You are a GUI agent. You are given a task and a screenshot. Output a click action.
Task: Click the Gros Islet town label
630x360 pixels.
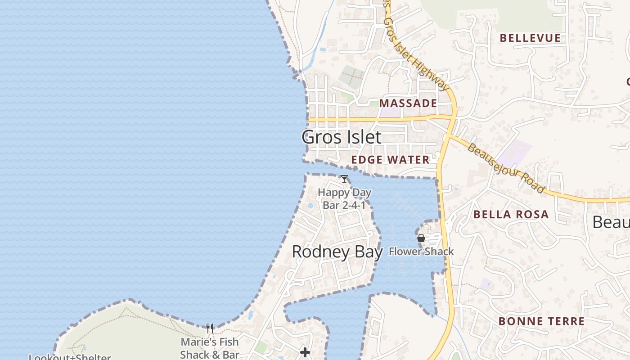click(342, 137)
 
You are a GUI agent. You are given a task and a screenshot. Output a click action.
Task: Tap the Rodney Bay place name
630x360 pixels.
click(337, 252)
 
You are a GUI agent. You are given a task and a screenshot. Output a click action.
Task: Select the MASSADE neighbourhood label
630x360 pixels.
click(408, 103)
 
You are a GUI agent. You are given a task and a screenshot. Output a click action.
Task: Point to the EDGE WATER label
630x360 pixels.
click(390, 160)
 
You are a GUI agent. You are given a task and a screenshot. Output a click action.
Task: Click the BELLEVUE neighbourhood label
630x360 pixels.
click(530, 38)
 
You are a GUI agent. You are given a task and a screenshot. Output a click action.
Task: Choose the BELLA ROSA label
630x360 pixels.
click(511, 214)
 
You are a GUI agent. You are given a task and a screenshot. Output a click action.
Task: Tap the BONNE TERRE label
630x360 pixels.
click(541, 321)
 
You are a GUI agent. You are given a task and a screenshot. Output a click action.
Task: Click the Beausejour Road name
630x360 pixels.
click(506, 168)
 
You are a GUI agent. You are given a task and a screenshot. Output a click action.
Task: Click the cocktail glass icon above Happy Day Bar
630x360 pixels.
click(344, 179)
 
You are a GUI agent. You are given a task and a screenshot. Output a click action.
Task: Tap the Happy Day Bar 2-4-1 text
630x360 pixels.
click(345, 198)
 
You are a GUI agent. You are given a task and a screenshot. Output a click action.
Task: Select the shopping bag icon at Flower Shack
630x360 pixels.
click(421, 238)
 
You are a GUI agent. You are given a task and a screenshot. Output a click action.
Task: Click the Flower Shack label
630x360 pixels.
click(421, 252)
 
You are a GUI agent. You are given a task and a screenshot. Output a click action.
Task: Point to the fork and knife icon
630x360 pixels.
click(210, 328)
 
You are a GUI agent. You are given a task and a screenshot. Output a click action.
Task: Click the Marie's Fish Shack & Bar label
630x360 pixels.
click(210, 348)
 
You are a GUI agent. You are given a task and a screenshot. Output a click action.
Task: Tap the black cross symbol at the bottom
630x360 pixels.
click(305, 352)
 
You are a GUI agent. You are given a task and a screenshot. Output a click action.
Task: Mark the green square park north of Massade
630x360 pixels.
click(351, 75)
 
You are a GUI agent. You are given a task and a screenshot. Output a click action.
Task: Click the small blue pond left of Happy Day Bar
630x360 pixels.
click(310, 206)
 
